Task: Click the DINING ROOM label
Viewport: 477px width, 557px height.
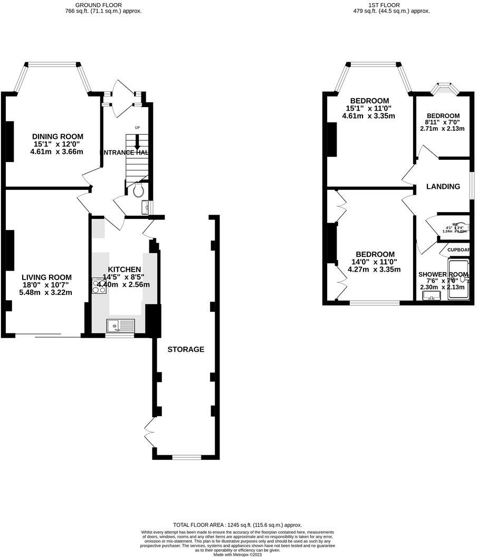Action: [x=58, y=137]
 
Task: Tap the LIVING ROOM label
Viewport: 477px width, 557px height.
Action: [x=46, y=277]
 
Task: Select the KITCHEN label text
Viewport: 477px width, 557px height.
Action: [x=124, y=269]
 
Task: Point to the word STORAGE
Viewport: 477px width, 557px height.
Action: [x=186, y=349]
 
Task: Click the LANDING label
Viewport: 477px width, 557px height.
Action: [x=443, y=186]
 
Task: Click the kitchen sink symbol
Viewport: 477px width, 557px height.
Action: [x=120, y=326]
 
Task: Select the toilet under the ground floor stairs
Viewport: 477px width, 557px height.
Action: [x=139, y=190]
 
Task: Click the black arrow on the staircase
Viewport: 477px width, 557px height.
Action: [x=137, y=143]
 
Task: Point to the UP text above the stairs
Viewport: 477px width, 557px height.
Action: [x=137, y=128]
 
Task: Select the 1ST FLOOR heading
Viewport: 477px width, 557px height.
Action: [x=391, y=5]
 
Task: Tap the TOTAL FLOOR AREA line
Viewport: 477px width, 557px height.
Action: [x=237, y=525]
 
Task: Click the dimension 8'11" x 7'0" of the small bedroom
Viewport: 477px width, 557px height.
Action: [x=442, y=122]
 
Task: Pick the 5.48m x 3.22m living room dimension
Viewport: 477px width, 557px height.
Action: [x=45, y=292]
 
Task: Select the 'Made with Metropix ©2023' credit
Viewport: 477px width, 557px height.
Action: [x=238, y=554]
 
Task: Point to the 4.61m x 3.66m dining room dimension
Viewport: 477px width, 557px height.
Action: [x=58, y=152]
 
